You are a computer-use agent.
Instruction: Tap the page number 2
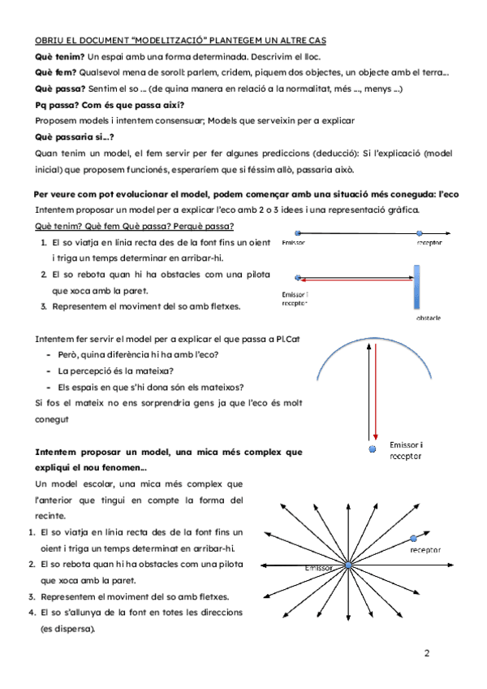tap(427, 652)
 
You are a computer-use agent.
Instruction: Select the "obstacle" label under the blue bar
tap(428, 318)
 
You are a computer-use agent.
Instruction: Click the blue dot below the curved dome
tap(373, 448)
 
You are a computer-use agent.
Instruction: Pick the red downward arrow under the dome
tap(376, 390)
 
